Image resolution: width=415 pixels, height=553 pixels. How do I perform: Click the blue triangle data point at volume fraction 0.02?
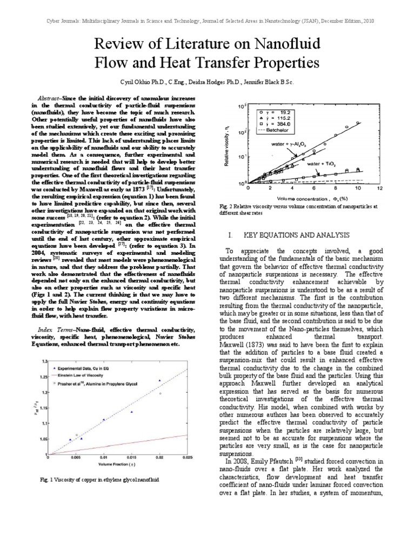pos(160,381)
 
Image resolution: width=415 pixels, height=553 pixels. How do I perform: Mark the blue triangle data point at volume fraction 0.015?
pos(131,412)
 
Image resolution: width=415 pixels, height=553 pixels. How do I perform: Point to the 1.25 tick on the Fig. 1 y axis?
pos(43,377)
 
